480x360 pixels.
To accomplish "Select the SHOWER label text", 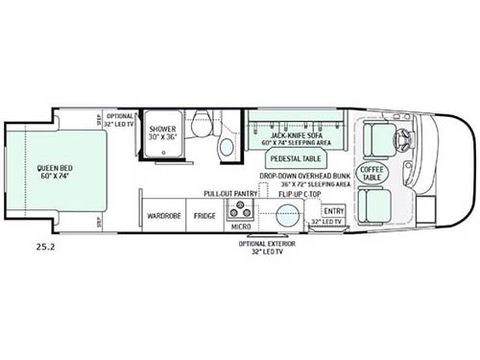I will (x=162, y=127).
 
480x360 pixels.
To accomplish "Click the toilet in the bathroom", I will (x=203, y=125).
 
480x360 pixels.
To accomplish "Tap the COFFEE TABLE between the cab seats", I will (x=372, y=173).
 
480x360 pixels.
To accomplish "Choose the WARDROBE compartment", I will (x=157, y=215).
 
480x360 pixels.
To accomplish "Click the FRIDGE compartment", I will (x=204, y=215).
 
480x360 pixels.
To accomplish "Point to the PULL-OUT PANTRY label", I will (x=226, y=193).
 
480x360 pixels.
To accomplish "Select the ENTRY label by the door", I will (x=334, y=210).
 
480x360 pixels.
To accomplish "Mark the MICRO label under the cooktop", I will (x=240, y=227).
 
